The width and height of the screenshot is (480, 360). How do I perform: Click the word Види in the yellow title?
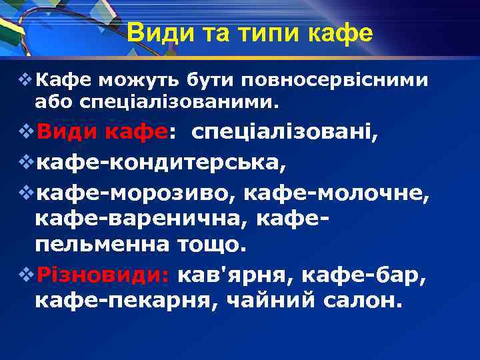[x=155, y=32]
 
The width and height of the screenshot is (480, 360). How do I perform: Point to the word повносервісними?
[x=335, y=81]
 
